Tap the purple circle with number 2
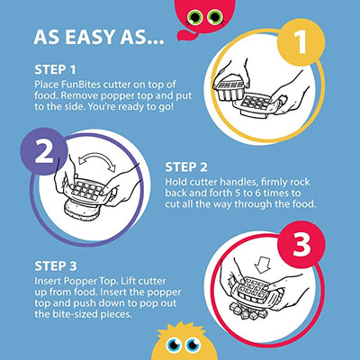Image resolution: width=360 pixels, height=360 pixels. click(x=44, y=151)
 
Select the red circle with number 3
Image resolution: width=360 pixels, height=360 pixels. click(x=301, y=245)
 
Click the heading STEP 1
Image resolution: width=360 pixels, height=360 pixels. click(x=55, y=70)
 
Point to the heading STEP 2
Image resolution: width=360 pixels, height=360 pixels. click(x=186, y=167)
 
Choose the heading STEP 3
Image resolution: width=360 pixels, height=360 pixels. click(x=56, y=266)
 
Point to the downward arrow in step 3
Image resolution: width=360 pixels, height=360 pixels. click(x=262, y=265)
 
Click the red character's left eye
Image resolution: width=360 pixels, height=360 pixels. click(x=194, y=17)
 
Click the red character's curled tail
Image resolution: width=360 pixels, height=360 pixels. click(x=184, y=34)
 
